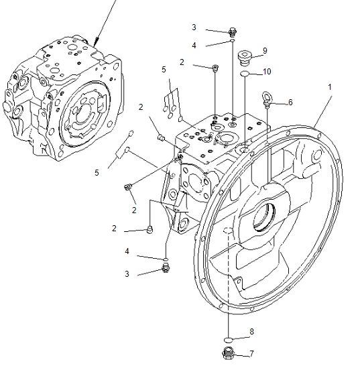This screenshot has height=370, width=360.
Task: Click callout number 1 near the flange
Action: click(x=329, y=88)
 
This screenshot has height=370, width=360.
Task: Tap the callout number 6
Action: click(x=290, y=102)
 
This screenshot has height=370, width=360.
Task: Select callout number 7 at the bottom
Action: click(x=251, y=353)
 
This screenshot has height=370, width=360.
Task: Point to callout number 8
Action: click(x=251, y=331)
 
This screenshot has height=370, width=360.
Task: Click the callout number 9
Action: click(x=265, y=50)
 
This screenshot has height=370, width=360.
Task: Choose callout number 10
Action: click(x=267, y=72)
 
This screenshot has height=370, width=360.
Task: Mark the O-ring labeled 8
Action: click(x=228, y=337)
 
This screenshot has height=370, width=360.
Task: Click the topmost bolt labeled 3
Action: click(x=233, y=31)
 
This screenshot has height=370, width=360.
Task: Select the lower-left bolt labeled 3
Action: click(x=165, y=269)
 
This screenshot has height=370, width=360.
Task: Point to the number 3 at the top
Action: click(x=194, y=27)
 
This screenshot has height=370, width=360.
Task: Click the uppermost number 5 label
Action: click(x=163, y=69)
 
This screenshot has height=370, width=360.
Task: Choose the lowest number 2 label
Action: click(x=115, y=228)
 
